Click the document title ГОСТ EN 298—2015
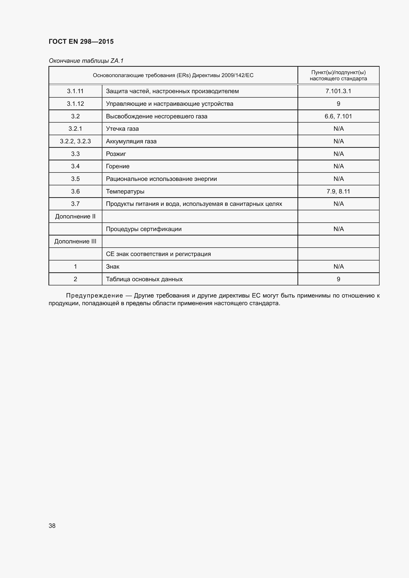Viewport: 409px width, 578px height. [x=81, y=42]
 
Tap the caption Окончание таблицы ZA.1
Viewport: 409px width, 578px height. [x=86, y=61]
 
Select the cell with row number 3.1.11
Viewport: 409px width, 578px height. [x=75, y=91]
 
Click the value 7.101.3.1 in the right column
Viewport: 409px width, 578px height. [x=338, y=91]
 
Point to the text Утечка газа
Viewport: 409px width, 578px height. [x=122, y=129]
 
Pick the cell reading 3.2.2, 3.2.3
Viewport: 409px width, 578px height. [x=75, y=141]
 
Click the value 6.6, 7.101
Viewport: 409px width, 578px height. [x=338, y=116]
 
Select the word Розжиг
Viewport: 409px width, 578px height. [x=116, y=154]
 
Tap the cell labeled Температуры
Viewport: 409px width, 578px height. [x=125, y=191]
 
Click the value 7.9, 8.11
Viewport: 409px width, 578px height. [x=338, y=191]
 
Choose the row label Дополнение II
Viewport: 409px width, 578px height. [x=75, y=216]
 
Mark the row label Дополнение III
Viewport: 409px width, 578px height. [x=75, y=241]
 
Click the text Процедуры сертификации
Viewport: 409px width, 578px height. [x=144, y=229]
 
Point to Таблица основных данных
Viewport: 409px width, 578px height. [x=144, y=279]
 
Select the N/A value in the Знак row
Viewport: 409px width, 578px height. [x=338, y=267]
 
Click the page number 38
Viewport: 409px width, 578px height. [x=52, y=526]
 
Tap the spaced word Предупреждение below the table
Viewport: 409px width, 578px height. [x=94, y=296]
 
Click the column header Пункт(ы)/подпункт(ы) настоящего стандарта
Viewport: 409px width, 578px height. [x=338, y=75]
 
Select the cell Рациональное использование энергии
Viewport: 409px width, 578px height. [x=161, y=179]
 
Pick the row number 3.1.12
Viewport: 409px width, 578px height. [x=75, y=104]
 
